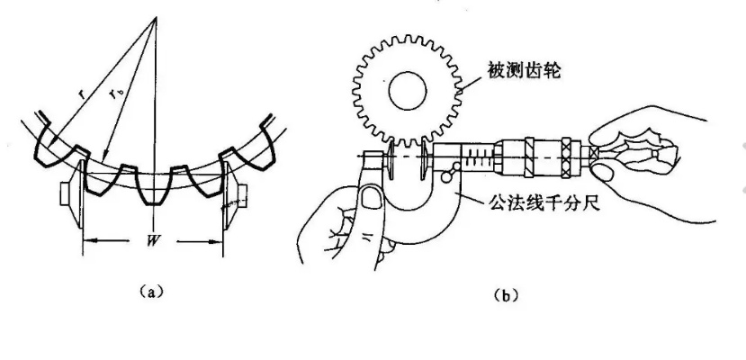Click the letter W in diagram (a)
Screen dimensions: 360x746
(x=153, y=241)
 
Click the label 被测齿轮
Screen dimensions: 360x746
(x=525, y=70)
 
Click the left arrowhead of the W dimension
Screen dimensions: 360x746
(x=87, y=241)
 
